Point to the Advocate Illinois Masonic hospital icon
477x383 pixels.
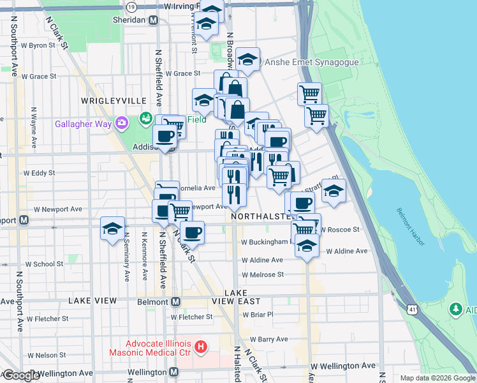(201, 348)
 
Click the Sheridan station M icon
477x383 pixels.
(153, 20)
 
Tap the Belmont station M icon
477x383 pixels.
(175, 301)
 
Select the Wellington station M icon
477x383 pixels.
(173, 372)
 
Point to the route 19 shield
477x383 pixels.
(131, 6)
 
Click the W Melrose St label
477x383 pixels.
(262, 274)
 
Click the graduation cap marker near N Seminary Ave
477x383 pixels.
(112, 229)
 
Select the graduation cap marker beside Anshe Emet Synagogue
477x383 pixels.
(247, 60)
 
